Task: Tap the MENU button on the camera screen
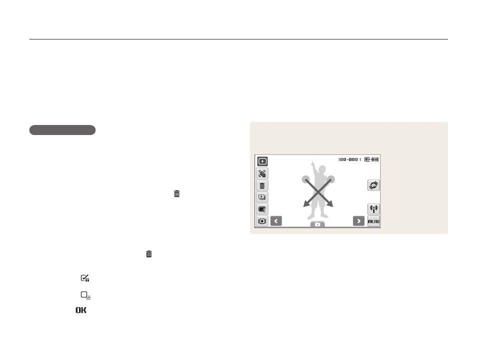(x=373, y=221)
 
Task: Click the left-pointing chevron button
(x=276, y=221)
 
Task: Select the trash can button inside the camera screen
(x=262, y=185)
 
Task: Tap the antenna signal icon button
(x=373, y=209)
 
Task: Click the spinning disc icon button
(x=373, y=185)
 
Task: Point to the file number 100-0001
(x=350, y=159)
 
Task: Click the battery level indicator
(x=375, y=159)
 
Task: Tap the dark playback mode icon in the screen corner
(x=262, y=161)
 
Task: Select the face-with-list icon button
(x=262, y=173)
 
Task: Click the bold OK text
(x=81, y=310)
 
